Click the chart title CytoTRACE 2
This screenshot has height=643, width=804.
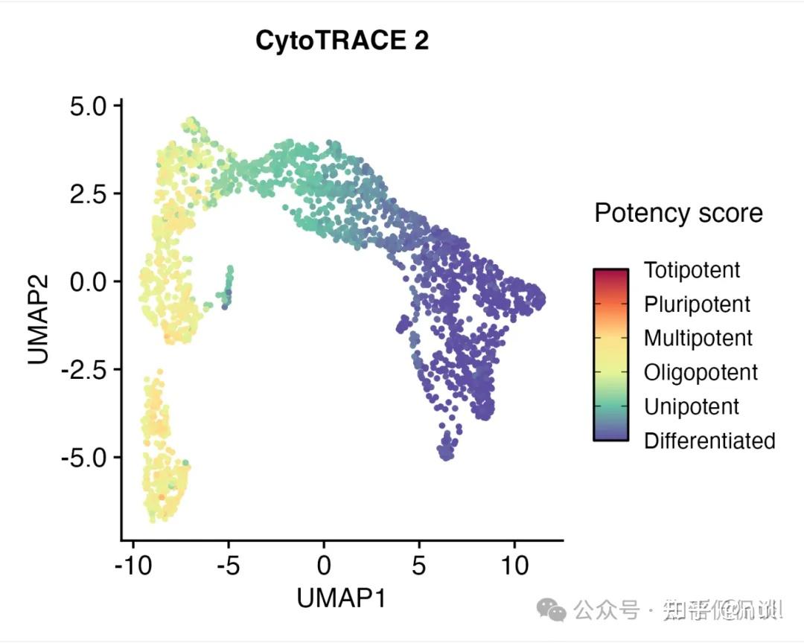[342, 41]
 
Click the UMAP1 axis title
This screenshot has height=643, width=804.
[342, 597]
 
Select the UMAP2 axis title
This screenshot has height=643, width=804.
[39, 319]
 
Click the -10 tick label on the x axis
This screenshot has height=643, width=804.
[134, 566]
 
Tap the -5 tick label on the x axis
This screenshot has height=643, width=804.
[229, 566]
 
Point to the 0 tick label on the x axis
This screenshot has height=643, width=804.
[324, 566]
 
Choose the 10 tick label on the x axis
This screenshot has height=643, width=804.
[514, 566]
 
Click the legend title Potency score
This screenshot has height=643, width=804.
[678, 214]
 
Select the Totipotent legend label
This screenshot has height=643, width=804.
[692, 270]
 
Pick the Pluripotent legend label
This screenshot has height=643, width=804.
[698, 304]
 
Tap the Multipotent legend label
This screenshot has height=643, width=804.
[698, 339]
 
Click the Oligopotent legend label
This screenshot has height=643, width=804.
[701, 372]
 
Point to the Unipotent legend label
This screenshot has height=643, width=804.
[692, 406]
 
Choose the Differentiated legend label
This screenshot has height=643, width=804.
[709, 441]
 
